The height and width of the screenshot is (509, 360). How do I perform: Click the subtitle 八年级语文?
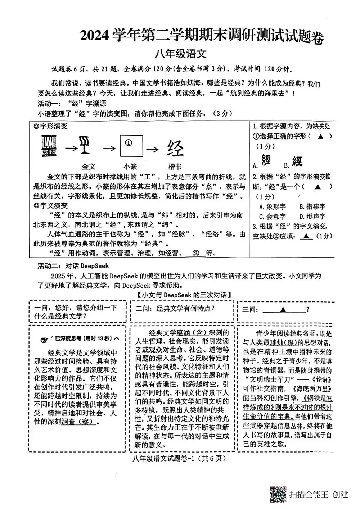[181, 54]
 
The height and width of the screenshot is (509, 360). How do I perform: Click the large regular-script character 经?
[176, 148]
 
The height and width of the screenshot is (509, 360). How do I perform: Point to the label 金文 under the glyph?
[89, 166]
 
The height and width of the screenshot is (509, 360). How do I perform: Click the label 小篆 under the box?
[130, 166]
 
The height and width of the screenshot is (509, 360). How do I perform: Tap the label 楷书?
[175, 166]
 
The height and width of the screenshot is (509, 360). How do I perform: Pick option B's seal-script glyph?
[297, 162]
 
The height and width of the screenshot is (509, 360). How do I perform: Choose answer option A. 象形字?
[272, 206]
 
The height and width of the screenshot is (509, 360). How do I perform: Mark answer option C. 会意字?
[272, 216]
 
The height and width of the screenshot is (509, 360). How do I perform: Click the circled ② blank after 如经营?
[196, 253]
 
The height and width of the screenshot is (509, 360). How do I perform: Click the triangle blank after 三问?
[283, 309]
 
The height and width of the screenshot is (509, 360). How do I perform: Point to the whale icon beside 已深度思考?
[45, 338]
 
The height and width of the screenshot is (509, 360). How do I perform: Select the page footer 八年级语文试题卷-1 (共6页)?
[179, 458]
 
